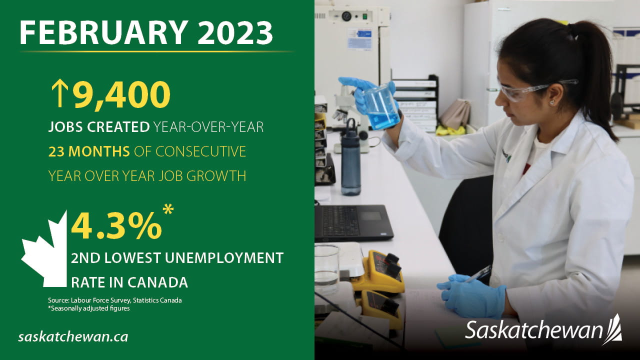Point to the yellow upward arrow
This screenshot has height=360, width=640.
coord(59,93)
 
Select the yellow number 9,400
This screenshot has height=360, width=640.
coord(121,94)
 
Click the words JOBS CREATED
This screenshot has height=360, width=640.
coord(99,127)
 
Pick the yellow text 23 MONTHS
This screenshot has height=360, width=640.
coord(89,151)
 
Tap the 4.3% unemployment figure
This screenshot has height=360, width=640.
coord(116,226)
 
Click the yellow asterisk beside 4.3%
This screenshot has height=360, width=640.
coord(168,210)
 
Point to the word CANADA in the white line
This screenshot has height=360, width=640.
coord(157,282)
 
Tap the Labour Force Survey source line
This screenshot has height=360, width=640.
coord(115,300)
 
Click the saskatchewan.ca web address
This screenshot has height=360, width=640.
coord(73,337)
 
